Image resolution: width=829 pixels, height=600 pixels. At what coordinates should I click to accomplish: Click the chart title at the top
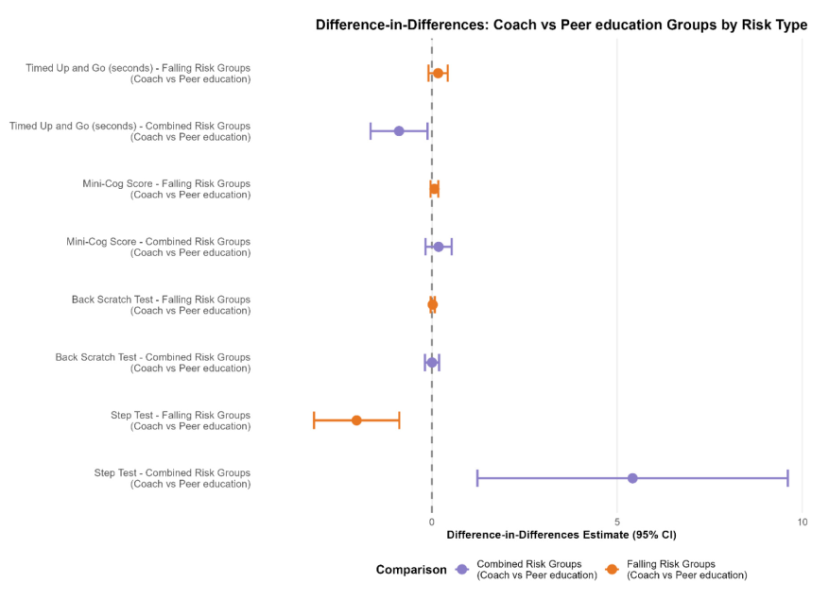[561, 26]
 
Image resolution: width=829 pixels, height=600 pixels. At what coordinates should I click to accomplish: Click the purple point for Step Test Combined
[632, 478]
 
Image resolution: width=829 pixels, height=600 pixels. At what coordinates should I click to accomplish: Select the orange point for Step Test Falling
[356, 420]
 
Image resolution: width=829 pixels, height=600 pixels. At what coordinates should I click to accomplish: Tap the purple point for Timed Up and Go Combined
[399, 131]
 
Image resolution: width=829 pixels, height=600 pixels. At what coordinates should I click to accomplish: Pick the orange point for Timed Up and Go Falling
[438, 73]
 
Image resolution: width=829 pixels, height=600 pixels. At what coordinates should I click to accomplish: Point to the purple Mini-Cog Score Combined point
[439, 247]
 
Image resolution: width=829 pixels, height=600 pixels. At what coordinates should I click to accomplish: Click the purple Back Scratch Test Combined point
[432, 363]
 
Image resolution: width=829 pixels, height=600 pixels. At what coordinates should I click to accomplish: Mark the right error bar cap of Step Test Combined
[787, 478]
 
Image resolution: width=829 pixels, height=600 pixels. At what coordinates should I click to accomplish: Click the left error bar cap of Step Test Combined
[477, 478]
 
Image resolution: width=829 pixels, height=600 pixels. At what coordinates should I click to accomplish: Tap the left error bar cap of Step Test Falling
[314, 420]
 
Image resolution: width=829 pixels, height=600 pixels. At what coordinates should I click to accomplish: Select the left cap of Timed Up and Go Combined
[371, 131]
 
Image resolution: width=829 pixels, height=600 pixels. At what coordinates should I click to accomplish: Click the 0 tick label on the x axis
[432, 522]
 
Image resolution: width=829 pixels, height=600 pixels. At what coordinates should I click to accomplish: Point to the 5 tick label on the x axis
[617, 522]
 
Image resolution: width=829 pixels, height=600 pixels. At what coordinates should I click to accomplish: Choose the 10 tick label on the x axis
[802, 522]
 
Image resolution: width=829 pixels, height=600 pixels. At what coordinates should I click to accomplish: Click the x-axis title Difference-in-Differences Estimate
[561, 536]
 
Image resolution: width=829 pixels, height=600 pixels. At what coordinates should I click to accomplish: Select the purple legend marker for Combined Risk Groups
[462, 570]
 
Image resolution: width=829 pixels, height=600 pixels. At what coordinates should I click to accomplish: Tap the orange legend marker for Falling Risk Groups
[613, 570]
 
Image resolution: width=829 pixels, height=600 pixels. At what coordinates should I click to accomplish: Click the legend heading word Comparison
[411, 570]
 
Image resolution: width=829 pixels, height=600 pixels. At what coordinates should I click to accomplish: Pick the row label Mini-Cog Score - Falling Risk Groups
[166, 189]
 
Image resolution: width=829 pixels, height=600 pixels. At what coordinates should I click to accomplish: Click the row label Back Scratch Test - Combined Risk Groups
[153, 363]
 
